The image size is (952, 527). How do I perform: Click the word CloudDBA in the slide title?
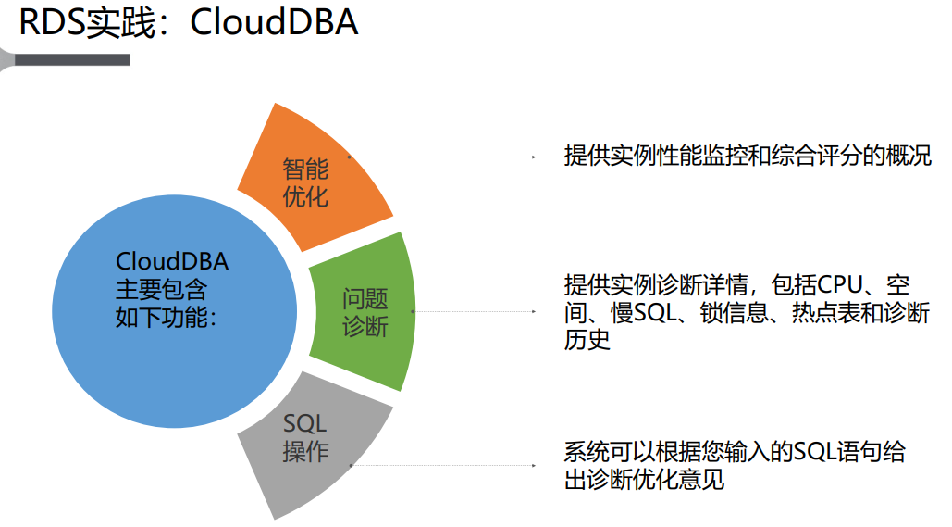click(x=274, y=23)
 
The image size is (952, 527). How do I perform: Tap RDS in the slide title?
click(x=52, y=23)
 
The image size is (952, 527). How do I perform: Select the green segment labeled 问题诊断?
click(x=364, y=312)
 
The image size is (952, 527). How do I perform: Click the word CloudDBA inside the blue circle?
click(x=172, y=262)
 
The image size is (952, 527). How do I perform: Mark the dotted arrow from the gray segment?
click(x=444, y=465)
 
